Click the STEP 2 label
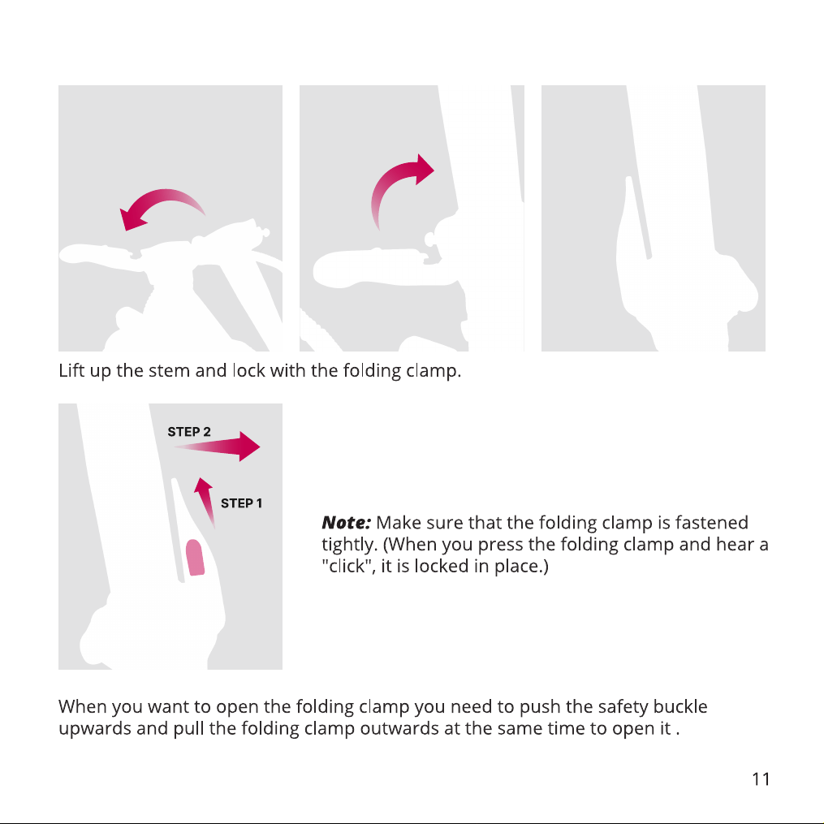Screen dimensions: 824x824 [x=189, y=432]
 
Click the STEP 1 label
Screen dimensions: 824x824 [x=241, y=503]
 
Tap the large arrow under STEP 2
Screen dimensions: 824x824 [x=217, y=447]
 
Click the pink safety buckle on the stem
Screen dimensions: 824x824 [x=195, y=558]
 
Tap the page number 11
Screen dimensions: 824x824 [x=761, y=779]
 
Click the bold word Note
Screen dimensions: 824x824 [x=347, y=523]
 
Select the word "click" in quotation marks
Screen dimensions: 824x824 [x=347, y=566]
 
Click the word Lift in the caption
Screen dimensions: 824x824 [x=71, y=370]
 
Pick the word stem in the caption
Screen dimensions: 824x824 [x=169, y=371]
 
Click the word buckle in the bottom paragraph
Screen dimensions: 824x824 [x=680, y=707]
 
